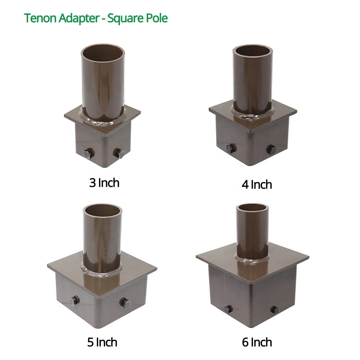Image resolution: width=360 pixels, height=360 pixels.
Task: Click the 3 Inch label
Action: tap(104, 183)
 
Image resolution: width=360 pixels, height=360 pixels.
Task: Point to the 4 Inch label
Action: tap(257, 185)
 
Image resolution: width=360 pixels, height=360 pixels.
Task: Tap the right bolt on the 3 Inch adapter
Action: tap(120, 154)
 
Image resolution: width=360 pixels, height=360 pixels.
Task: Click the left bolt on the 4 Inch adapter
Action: tap(231, 148)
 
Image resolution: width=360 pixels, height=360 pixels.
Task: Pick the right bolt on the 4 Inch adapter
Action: tap(271, 149)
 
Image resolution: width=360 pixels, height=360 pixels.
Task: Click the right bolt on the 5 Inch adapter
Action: tap(126, 302)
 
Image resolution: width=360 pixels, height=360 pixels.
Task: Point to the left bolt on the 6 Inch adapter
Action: tap(228, 309)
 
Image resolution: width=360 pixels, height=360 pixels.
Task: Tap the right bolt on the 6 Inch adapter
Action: tap(275, 309)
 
